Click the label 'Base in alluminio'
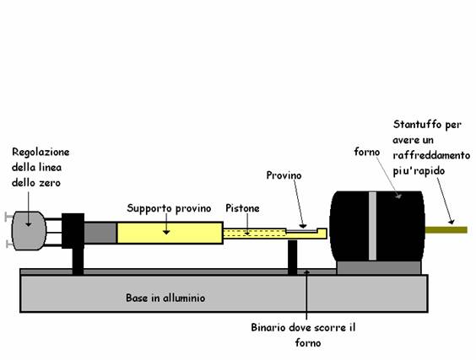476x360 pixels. [165, 298]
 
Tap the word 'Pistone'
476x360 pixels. [242, 208]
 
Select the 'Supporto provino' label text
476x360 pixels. [169, 208]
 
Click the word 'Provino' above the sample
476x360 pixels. [284, 175]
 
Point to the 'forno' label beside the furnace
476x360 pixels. [367, 152]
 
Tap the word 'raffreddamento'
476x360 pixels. [431, 155]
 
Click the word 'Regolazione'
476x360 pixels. [41, 152]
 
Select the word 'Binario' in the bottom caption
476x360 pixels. [268, 328]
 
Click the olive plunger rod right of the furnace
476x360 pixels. [446, 230]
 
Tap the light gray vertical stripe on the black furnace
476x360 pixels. [372, 226]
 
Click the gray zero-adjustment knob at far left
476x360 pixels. [29, 231]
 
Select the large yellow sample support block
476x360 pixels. [170, 233]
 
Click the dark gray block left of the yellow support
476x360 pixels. [100, 233]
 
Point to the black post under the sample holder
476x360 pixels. [292, 257]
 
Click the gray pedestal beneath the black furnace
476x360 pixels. [379, 267]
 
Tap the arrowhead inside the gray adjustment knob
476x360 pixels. [28, 224]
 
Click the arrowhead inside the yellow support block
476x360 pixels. [166, 232]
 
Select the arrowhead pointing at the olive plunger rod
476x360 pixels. [452, 222]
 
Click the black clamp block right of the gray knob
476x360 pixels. [73, 231]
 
